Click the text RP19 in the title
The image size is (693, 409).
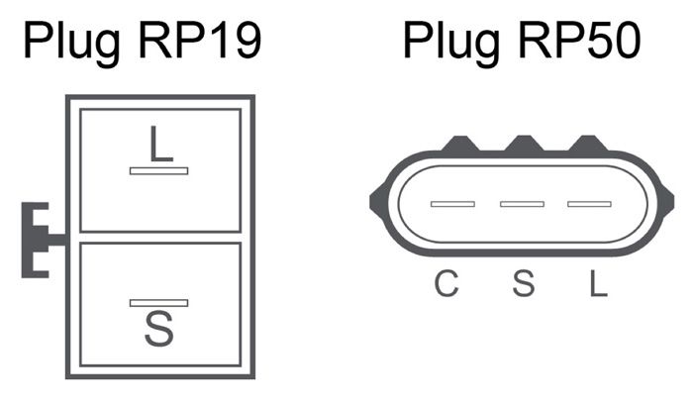coord(197,42)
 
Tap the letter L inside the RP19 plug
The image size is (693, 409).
coord(159,145)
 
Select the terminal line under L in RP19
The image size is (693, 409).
coord(158,170)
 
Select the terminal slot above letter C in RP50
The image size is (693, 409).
coord(452,204)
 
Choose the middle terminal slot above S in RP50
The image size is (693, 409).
coord(522,204)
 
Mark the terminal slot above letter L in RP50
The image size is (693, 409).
coord(588,204)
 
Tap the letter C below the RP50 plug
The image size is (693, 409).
coord(447,283)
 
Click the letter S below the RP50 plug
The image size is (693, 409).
coord(523,283)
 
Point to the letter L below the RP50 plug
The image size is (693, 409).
coord(596,283)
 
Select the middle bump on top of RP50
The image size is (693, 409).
coord(523,146)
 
